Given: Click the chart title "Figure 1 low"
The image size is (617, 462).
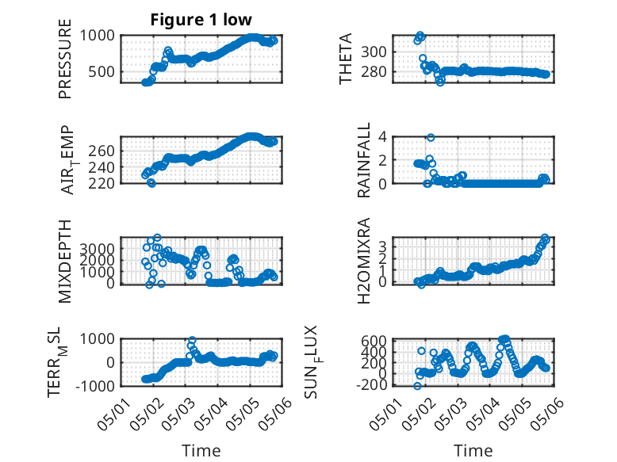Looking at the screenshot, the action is [201, 20].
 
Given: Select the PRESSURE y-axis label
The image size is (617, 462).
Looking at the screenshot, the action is [65, 59].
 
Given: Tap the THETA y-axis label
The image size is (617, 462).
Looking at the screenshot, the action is [345, 59].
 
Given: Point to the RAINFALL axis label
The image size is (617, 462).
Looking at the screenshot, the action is [363, 159].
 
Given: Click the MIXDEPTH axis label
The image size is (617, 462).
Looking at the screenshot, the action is [65, 261].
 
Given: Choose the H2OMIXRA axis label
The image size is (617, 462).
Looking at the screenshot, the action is [363, 261].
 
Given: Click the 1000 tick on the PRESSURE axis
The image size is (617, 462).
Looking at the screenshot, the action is [98, 36].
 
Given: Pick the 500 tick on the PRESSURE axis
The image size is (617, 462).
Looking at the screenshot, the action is [102, 72].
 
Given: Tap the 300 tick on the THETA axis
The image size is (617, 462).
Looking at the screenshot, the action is [374, 52].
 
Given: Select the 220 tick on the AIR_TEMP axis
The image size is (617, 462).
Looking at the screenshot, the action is [102, 183].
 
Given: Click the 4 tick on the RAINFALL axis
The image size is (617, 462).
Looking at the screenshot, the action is [382, 137].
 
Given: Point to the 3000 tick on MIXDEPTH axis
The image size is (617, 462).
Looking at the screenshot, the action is [98, 249].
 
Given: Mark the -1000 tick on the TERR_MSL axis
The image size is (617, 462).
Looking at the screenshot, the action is [95, 386].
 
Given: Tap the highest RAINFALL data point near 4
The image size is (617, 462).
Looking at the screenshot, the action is [431, 138].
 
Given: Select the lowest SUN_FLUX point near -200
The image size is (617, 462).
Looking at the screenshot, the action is [417, 386].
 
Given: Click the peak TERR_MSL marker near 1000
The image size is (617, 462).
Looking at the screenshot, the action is [192, 341].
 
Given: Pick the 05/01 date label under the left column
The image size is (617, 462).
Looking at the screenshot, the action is [111, 415].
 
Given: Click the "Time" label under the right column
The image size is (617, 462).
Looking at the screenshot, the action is [473, 450].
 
